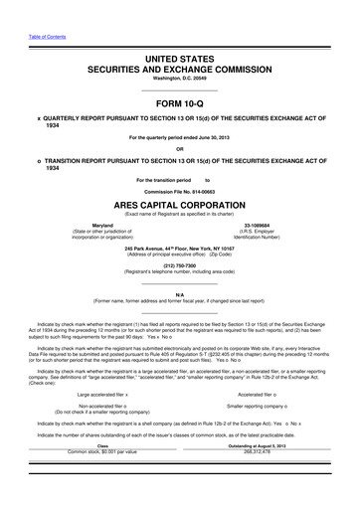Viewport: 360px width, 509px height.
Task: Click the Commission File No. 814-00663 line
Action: [179, 190]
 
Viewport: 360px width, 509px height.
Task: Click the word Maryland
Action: [102, 227]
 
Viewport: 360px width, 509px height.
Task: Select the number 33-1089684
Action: [258, 227]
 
